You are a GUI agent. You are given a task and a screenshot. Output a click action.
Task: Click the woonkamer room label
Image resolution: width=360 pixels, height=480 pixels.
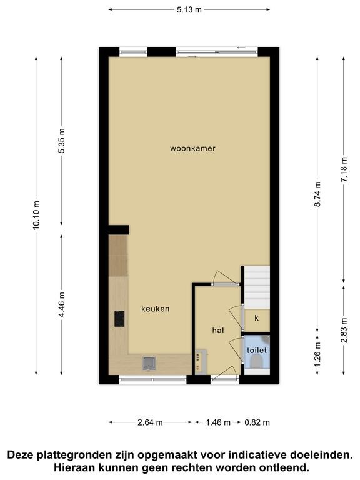pos(192,149)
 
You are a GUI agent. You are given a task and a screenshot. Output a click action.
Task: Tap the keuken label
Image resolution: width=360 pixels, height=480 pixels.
pos(155,309)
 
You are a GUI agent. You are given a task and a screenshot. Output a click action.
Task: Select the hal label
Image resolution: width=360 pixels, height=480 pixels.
pos(218,331)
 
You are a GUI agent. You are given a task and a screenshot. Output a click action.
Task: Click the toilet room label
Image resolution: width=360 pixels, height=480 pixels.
pos(257,350)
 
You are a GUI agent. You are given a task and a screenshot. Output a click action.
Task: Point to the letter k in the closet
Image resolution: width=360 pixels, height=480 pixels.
pos(256,318)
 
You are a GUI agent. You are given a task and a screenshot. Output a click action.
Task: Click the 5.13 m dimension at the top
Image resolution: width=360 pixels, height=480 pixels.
pos(189,10)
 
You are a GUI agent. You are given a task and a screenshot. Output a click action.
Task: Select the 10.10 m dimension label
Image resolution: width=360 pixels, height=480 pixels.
pos(36,215)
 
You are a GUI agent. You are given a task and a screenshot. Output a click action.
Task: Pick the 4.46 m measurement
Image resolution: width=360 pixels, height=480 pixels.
pos(61,304)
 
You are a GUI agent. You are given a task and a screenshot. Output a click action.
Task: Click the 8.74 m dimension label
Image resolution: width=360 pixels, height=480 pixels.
pos(317,194)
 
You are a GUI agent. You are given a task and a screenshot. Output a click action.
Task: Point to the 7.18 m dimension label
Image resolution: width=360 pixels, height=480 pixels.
pos(344,169)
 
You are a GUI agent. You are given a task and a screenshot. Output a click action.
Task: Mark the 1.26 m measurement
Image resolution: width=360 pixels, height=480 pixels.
pos(317,354)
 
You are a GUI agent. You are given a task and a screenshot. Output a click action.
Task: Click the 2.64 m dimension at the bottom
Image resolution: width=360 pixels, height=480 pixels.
pos(150,422)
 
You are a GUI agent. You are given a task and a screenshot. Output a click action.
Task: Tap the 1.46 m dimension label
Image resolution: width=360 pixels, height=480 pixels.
pos(218,422)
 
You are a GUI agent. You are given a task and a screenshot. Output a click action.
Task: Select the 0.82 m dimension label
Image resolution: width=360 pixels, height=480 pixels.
pos(257,422)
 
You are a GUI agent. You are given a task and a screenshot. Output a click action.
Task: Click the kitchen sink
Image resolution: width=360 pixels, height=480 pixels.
pos(149,363)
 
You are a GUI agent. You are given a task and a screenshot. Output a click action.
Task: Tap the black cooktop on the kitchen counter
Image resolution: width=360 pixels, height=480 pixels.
pos(120,319)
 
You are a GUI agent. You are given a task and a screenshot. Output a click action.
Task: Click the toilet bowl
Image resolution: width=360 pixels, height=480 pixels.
pos(257,362)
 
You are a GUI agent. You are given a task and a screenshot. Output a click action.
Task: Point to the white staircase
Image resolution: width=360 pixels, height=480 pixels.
pos(257,287)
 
